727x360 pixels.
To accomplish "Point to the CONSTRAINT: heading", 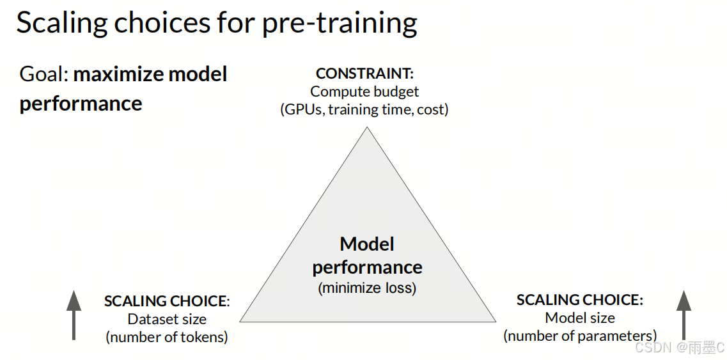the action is pos(364,74).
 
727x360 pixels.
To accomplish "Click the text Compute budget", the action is pos(364,91).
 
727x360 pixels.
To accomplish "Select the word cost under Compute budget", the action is pos(433,111).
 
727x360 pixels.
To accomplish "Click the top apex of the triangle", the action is pos(367,127).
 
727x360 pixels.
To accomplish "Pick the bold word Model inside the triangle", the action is pos(367,244).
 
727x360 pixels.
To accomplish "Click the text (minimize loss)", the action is pos(367,288).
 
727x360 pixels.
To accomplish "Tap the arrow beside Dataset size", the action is pos(74,315).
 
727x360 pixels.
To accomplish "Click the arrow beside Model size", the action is pos(684,315).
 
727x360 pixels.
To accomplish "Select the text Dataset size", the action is pos(167,320).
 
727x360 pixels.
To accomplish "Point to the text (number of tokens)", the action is pos(167,337).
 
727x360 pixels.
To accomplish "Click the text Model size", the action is pos(580,318).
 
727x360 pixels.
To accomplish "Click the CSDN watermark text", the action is pos(679,347).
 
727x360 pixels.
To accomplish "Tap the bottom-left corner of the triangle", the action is pos(240,322).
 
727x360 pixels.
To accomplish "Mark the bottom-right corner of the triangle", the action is pos(496,322).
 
